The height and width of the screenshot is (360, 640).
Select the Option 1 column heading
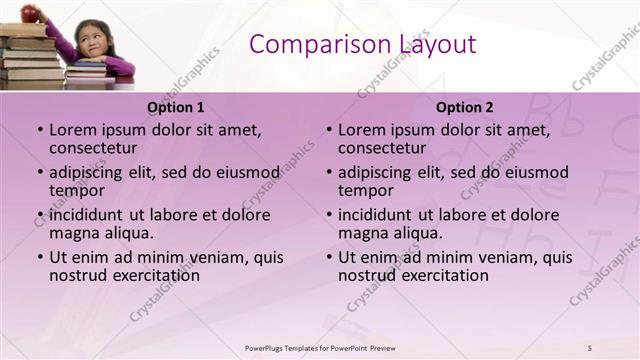pos(175,107)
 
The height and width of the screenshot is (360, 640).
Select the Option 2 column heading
pos(465,107)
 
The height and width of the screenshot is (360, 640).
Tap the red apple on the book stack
pos(30,12)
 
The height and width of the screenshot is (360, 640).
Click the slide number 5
pos(590,347)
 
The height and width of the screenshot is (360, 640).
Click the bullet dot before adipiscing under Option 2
pos(329,173)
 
